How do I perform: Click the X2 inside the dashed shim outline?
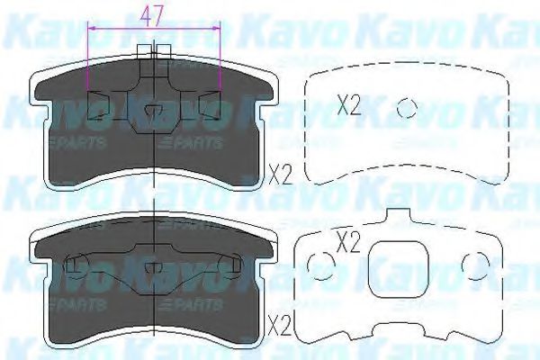coord(348,106)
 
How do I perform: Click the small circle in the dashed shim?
coord(407,108)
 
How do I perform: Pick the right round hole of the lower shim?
coord(471,262)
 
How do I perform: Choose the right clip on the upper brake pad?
coord(211,105)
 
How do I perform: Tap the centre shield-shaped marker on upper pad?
coord(153,112)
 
